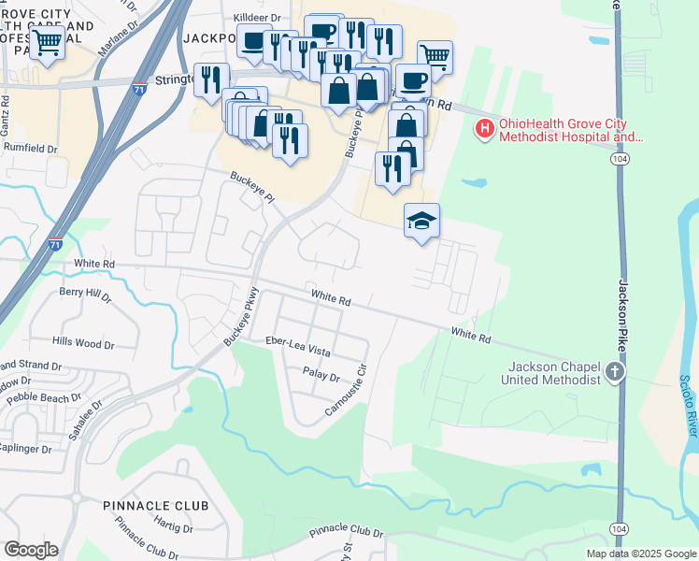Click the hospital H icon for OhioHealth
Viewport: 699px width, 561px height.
coord(485,129)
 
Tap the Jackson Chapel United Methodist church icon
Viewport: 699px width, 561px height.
coord(614,372)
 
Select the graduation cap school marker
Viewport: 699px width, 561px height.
coord(421,221)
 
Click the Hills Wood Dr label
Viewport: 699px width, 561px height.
coord(83,344)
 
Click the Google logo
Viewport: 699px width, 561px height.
coord(31,550)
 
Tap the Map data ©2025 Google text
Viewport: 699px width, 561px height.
coord(640,554)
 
